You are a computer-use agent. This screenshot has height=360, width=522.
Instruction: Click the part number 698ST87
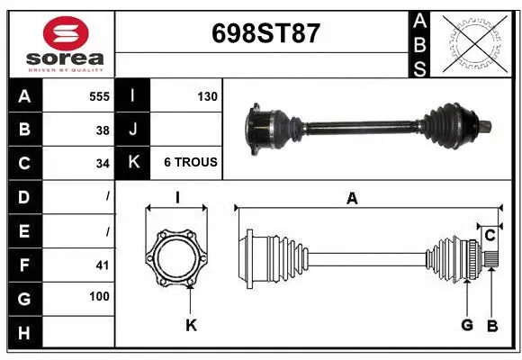coord(265,33)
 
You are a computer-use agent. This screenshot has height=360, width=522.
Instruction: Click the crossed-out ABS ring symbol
coord(475,44)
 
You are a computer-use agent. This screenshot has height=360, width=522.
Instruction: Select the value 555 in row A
coord(99,96)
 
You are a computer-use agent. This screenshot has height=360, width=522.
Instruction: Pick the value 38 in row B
coord(103,130)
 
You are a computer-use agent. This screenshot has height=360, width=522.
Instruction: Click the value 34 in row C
coord(103,164)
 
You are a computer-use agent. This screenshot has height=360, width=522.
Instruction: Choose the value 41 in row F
coord(103,265)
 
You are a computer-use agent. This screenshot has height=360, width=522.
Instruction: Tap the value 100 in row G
coord(99,296)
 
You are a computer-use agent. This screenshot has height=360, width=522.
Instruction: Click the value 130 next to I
coord(207,96)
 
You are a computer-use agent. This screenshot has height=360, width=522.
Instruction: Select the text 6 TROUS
coord(191,162)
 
